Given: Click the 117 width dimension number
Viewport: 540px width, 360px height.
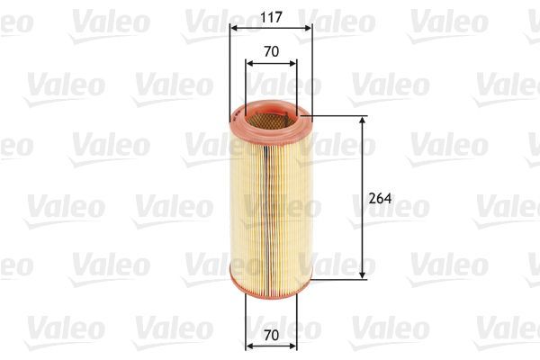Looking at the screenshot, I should [x=270, y=15].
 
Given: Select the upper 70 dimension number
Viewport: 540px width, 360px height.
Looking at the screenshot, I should [x=270, y=52].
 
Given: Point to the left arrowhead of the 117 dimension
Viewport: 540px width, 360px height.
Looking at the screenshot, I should [x=234, y=28].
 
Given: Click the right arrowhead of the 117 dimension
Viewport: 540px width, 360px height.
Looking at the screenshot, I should [x=308, y=28].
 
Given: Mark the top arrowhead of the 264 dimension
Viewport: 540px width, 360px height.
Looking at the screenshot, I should [x=363, y=120].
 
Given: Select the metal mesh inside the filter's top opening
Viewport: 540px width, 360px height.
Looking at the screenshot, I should [x=270, y=112].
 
